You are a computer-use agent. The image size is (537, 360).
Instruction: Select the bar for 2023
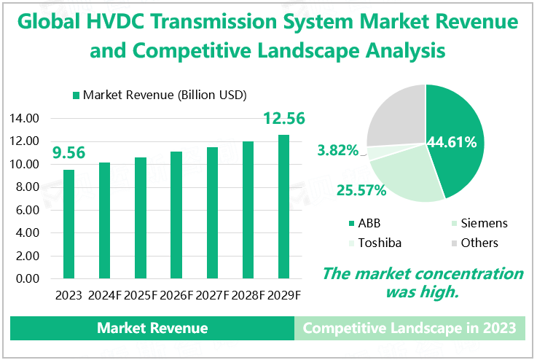[x=68, y=224]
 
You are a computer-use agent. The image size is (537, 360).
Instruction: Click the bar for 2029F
[x=283, y=206]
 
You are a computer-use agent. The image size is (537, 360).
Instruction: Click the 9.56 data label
[x=69, y=153]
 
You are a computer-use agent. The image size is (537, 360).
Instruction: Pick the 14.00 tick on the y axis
[x=26, y=118]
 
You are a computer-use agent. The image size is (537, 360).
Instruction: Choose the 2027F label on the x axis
[x=212, y=295]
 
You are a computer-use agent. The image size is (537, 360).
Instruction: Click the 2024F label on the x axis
[x=105, y=295]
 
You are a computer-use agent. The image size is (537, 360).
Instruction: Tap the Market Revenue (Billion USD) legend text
[x=165, y=95]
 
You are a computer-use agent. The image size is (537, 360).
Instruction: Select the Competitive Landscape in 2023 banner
[x=409, y=328]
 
